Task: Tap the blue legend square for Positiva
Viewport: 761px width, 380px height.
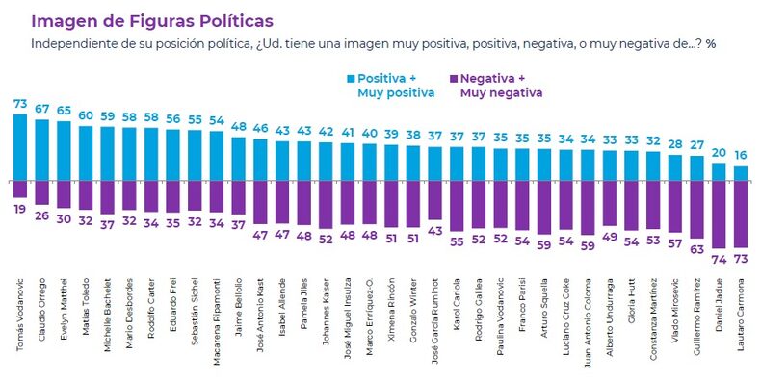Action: tap(350, 78)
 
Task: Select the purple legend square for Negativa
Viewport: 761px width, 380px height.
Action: tap(452, 78)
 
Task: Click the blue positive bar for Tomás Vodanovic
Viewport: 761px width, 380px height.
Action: tap(20, 146)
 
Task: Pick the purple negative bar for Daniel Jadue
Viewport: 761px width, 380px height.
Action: tap(719, 213)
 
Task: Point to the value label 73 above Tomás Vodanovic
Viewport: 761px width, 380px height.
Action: tap(20, 103)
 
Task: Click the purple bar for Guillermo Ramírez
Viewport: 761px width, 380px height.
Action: tap(696, 208)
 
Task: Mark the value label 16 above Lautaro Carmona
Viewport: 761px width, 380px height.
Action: tap(740, 156)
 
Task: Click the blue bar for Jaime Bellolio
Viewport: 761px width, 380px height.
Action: tap(239, 158)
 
